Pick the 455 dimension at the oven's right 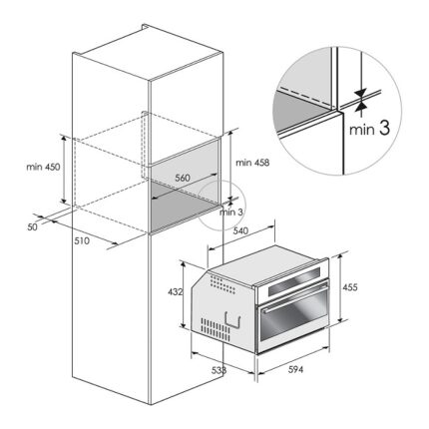350,286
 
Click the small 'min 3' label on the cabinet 230,212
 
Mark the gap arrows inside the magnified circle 360,98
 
